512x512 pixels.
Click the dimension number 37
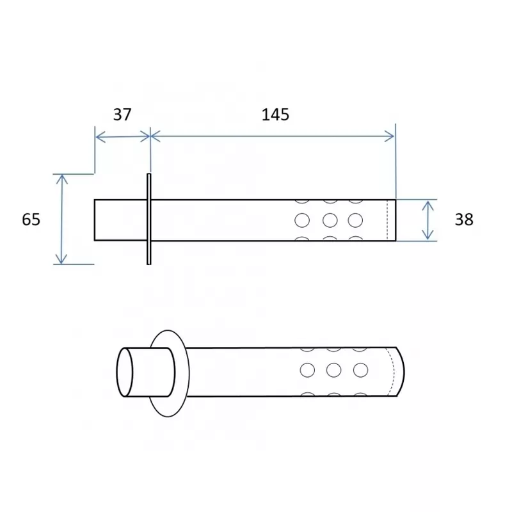click(x=122, y=115)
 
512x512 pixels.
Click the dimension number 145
click(x=275, y=115)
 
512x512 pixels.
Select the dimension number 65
click(x=31, y=220)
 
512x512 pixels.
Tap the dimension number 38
click(x=464, y=220)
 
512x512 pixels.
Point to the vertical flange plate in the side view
click(x=149, y=219)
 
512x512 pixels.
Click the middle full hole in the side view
click(x=330, y=220)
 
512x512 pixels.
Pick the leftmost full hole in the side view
click(x=302, y=220)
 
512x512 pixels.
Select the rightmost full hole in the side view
click(x=355, y=220)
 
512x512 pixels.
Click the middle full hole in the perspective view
click(x=333, y=371)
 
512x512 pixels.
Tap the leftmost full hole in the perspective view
click(x=307, y=371)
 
